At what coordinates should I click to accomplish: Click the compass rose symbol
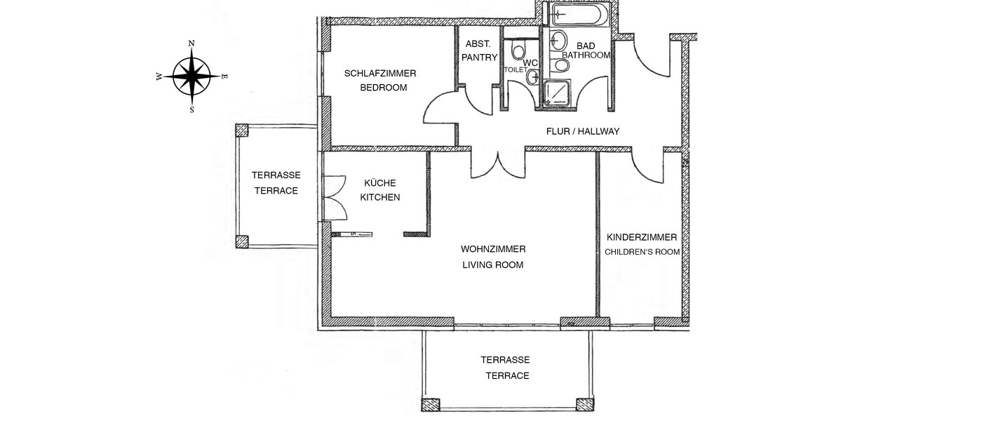[191, 76]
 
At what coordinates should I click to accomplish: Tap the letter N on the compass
[191, 44]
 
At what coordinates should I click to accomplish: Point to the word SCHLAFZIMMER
[380, 74]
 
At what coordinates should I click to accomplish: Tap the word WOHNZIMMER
[493, 249]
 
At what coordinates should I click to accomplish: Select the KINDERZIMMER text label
[642, 237]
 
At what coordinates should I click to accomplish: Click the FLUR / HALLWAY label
[582, 131]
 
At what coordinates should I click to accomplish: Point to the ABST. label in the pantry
[477, 43]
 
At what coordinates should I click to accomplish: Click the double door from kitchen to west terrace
[335, 196]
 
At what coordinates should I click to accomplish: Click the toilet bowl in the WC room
[518, 51]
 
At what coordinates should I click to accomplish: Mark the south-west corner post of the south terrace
[430, 405]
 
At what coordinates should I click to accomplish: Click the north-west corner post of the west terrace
[242, 131]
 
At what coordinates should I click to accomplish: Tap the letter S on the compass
[191, 109]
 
